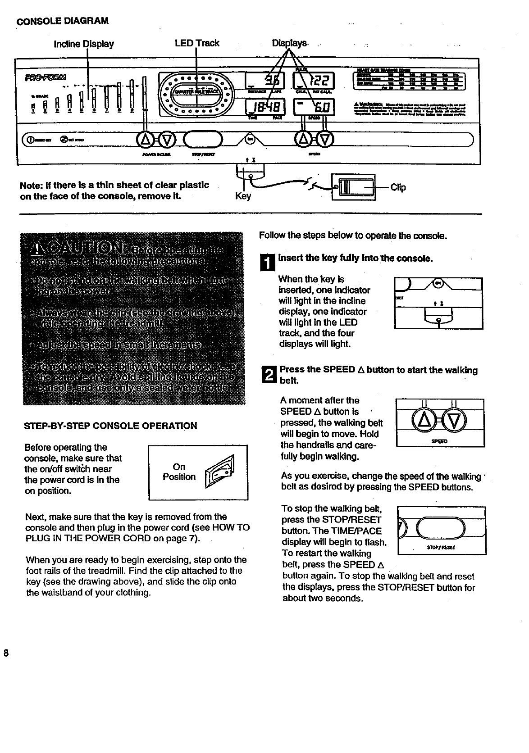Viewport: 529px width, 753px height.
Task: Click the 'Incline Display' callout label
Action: click(x=84, y=44)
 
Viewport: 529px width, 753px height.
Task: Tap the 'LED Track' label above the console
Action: click(x=197, y=43)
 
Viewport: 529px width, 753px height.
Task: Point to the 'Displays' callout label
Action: click(x=289, y=43)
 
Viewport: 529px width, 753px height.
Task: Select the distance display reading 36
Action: click(x=269, y=82)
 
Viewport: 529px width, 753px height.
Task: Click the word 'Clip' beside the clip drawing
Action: click(x=398, y=187)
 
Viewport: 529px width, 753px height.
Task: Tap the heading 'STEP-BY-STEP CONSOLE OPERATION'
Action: click(x=111, y=426)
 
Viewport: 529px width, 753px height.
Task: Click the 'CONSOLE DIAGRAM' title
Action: click(x=63, y=21)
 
